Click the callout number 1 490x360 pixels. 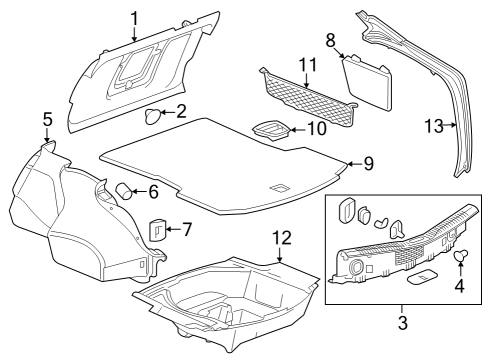click(x=135, y=17)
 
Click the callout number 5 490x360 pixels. click(x=46, y=120)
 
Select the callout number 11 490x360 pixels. click(x=306, y=66)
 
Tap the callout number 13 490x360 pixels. click(x=432, y=126)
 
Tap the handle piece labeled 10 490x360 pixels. click(x=267, y=128)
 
